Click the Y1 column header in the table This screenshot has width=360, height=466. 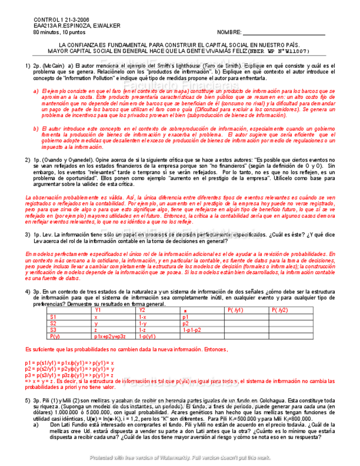click(98, 310)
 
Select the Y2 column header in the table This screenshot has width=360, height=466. click(142, 310)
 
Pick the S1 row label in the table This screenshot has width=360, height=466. click(53, 317)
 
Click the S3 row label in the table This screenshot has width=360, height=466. click(53, 330)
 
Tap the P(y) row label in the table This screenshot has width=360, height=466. click(54, 336)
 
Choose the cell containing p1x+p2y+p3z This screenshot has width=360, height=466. click(110, 336)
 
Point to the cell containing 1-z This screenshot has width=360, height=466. click(142, 330)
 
